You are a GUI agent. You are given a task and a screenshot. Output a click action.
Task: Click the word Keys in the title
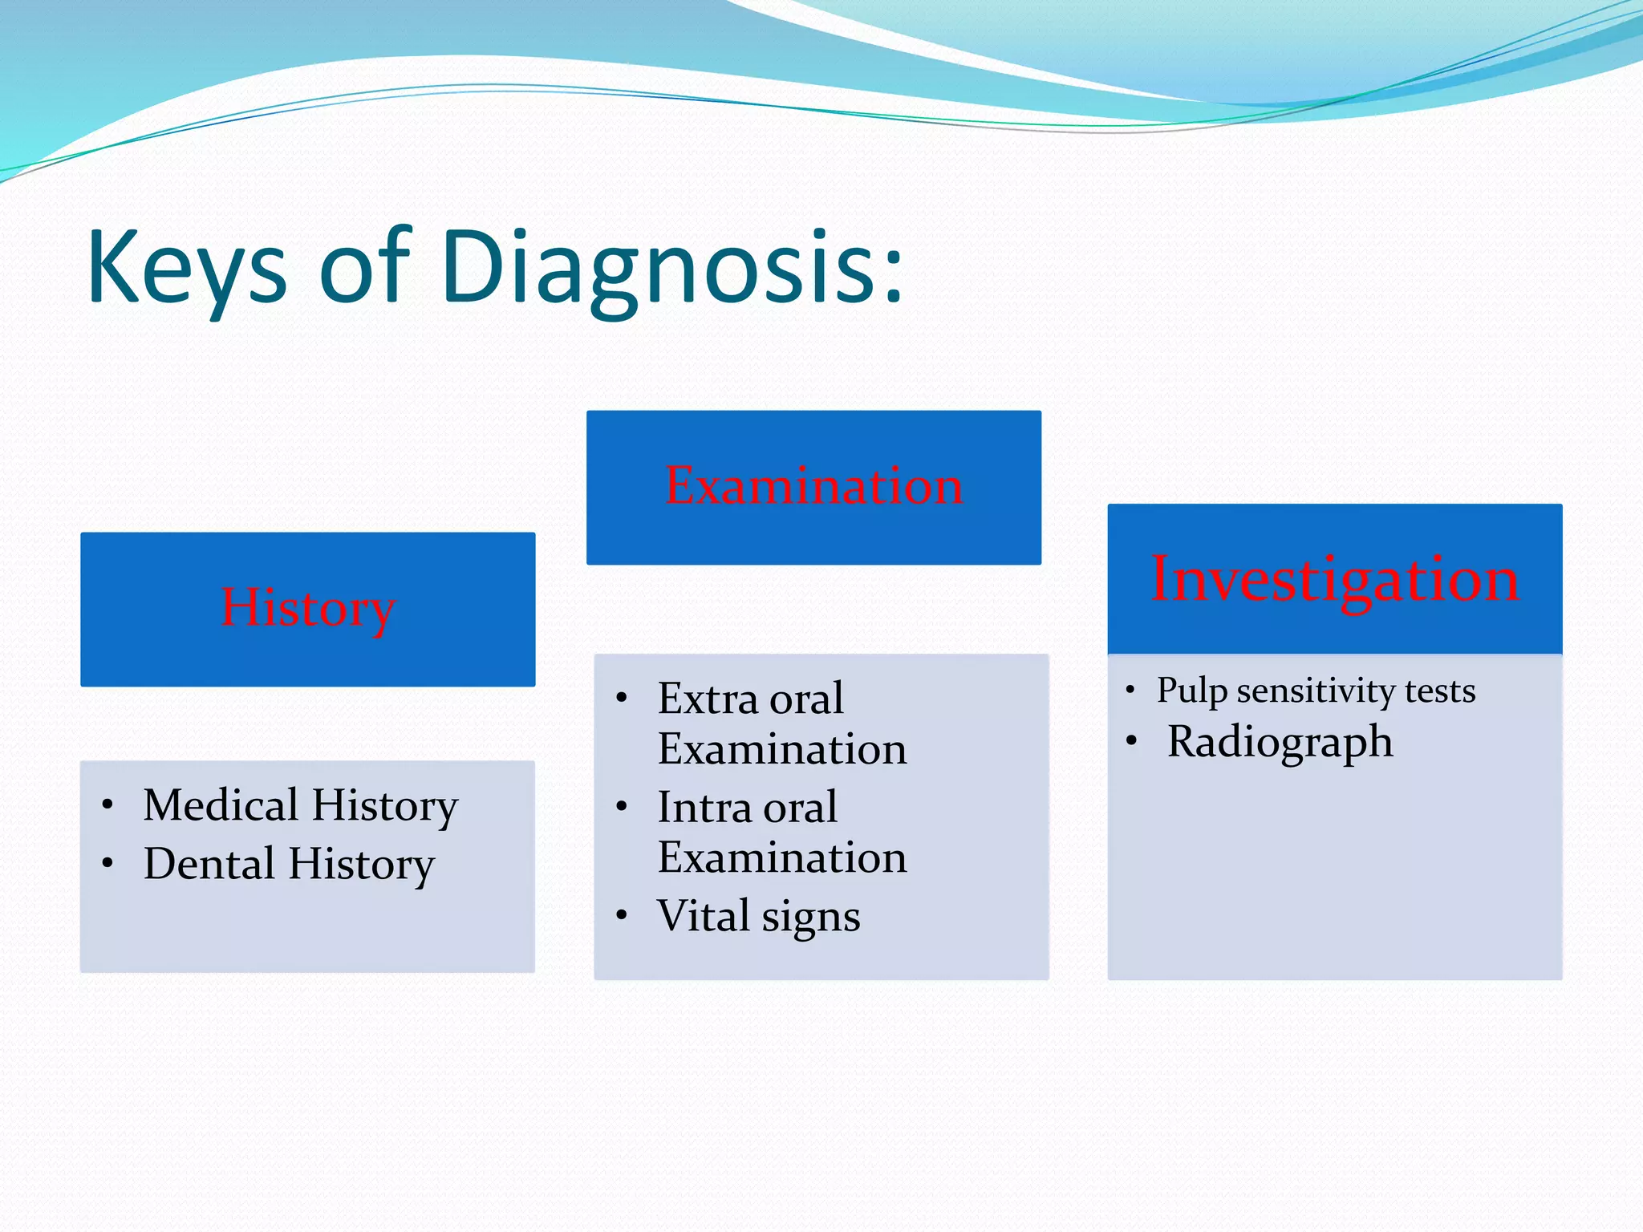click(x=186, y=269)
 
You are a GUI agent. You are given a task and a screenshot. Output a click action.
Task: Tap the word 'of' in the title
click(x=365, y=269)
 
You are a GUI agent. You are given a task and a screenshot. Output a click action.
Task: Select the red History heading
click(x=308, y=608)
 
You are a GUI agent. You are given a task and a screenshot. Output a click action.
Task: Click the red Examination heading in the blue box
click(x=813, y=486)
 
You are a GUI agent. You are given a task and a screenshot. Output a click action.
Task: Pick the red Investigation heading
click(x=1334, y=579)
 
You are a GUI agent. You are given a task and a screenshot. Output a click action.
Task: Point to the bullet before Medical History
click(x=108, y=804)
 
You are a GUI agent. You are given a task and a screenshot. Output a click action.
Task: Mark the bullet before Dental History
click(x=108, y=864)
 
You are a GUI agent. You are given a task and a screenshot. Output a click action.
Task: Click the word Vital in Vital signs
click(x=703, y=915)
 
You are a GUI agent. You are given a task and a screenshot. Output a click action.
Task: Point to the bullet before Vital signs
click(x=622, y=915)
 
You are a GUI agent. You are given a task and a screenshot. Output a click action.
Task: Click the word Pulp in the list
click(x=1191, y=691)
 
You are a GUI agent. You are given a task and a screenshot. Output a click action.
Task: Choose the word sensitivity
click(x=1316, y=691)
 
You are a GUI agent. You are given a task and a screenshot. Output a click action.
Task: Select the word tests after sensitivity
click(x=1440, y=691)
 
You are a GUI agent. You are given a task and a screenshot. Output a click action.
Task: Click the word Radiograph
click(x=1280, y=742)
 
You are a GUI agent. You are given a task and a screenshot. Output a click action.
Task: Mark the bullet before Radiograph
click(x=1131, y=741)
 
